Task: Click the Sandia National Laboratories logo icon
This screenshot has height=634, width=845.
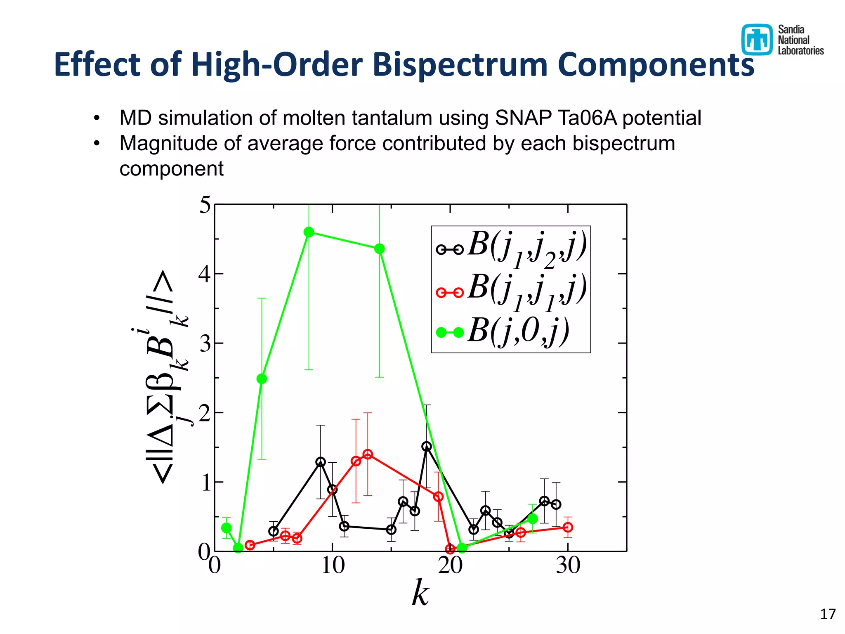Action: point(757,40)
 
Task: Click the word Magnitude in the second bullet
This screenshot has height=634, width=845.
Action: point(168,144)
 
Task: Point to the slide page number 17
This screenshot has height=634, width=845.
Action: point(827,614)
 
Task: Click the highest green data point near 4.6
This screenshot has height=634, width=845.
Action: point(309,232)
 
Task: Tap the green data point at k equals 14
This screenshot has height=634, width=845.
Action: point(380,248)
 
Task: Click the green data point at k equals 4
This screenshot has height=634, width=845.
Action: point(262,379)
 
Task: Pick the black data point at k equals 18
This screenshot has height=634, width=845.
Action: point(427,446)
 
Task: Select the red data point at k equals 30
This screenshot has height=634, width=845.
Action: point(568,527)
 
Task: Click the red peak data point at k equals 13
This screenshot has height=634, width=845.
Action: point(368,454)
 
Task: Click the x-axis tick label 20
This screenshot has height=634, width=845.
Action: point(450,565)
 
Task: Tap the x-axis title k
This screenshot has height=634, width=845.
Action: point(420,593)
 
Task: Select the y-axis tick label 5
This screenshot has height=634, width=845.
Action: point(205,205)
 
